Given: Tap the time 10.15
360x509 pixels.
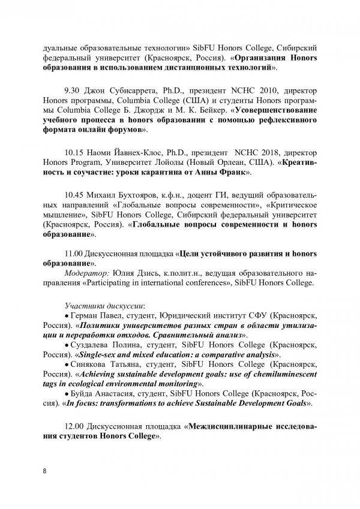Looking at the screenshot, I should (x=72, y=152).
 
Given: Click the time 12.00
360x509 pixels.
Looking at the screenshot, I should (x=72, y=427).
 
